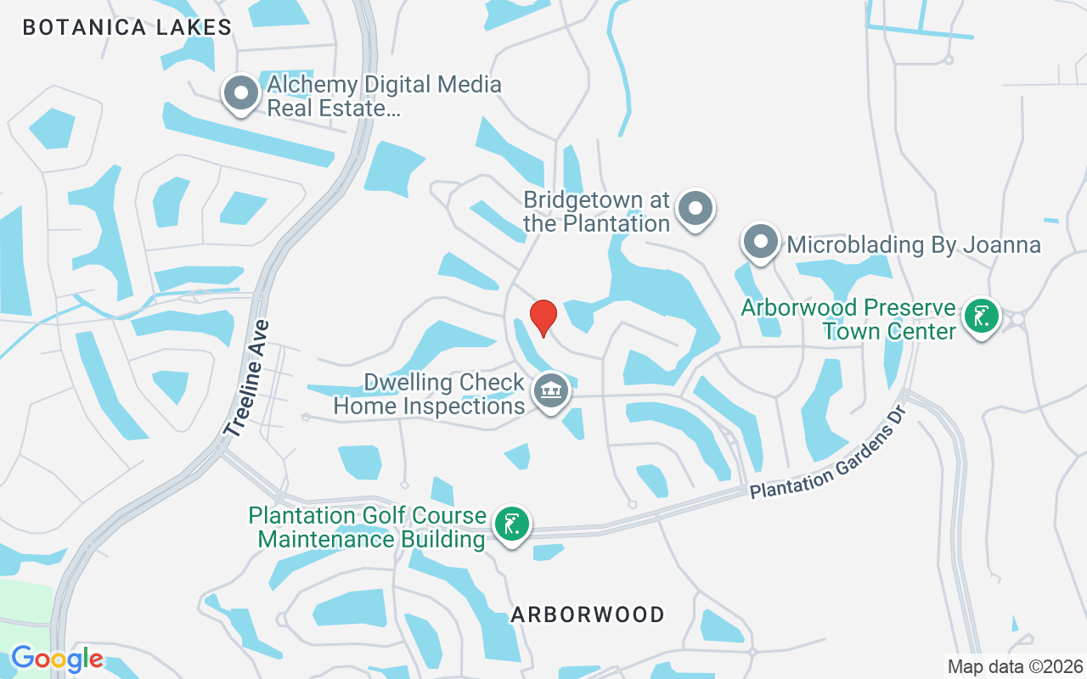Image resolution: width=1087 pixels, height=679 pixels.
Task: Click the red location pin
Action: pyautogui.click(x=543, y=317)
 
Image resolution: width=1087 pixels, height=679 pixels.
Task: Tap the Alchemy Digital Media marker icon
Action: pyautogui.click(x=240, y=93)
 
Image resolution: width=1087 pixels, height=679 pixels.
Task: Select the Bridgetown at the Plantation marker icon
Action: pyautogui.click(x=696, y=207)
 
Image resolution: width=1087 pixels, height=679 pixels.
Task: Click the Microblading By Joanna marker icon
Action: pyautogui.click(x=761, y=243)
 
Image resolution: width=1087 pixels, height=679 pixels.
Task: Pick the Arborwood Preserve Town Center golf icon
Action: pyautogui.click(x=982, y=317)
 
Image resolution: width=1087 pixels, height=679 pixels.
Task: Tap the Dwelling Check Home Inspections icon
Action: pyautogui.click(x=552, y=391)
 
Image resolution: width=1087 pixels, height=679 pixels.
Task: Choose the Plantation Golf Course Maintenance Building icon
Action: pyautogui.click(x=510, y=525)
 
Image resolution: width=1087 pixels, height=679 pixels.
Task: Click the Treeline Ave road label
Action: pyautogui.click(x=247, y=379)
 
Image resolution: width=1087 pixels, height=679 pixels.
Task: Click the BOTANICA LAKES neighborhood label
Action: pyautogui.click(x=127, y=27)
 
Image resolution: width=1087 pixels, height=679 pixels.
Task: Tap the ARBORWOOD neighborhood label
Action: pyautogui.click(x=588, y=614)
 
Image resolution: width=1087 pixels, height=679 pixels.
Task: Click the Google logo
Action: pyautogui.click(x=57, y=659)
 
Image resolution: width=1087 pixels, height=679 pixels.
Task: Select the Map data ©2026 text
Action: pyautogui.click(x=1016, y=666)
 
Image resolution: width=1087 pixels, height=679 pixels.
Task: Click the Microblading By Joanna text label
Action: pyautogui.click(x=914, y=244)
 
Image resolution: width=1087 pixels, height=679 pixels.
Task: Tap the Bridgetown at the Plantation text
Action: pyautogui.click(x=597, y=212)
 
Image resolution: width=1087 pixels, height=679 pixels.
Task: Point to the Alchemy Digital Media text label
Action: pyautogui.click(x=384, y=97)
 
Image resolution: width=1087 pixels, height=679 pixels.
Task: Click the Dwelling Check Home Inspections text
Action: pyautogui.click(x=429, y=394)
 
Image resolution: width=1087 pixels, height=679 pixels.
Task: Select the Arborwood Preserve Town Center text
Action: pyautogui.click(x=848, y=318)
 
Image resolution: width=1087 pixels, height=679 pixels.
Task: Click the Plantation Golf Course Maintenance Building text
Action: pyautogui.click(x=368, y=527)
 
